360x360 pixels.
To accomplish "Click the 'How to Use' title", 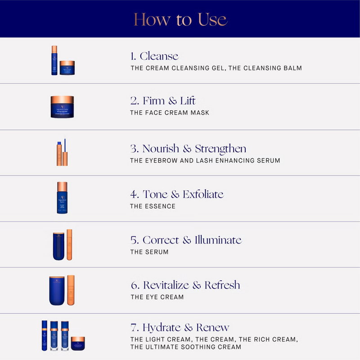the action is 181,19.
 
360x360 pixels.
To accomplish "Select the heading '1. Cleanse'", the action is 154,56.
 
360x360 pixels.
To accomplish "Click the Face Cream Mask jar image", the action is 62,107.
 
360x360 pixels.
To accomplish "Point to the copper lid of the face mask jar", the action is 62,99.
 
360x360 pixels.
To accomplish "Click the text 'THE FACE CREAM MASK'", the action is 170,113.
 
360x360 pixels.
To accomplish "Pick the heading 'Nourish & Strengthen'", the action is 194,149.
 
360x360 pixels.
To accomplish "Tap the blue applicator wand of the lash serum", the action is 65,144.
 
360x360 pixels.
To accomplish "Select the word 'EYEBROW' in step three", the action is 162,161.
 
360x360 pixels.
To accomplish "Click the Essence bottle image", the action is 62,198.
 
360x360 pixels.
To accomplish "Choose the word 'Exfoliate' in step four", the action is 203,194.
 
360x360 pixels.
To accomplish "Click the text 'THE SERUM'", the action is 149,252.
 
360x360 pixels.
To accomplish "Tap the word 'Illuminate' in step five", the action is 218,240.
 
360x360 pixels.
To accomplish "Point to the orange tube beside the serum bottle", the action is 69,245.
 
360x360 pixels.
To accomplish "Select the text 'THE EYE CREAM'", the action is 157,297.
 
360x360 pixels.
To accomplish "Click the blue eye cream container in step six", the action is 57,291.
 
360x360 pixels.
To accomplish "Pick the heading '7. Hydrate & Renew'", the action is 180,328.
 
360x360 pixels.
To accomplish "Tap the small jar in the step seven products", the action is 78,343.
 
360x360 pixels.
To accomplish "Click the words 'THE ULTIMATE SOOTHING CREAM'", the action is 186,347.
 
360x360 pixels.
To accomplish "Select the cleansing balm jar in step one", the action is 67,68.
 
